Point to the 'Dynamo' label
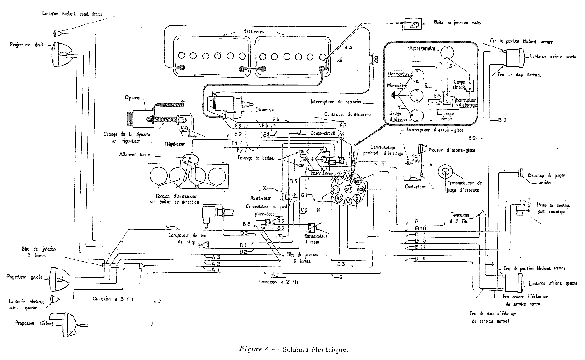pyautogui.click(x=133, y=98)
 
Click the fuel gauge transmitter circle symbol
pyautogui.click(x=446, y=172)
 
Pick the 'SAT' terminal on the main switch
pyautogui.click(x=348, y=189)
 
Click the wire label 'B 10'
pyautogui.click(x=420, y=229)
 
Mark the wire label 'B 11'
pyautogui.click(x=420, y=247)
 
